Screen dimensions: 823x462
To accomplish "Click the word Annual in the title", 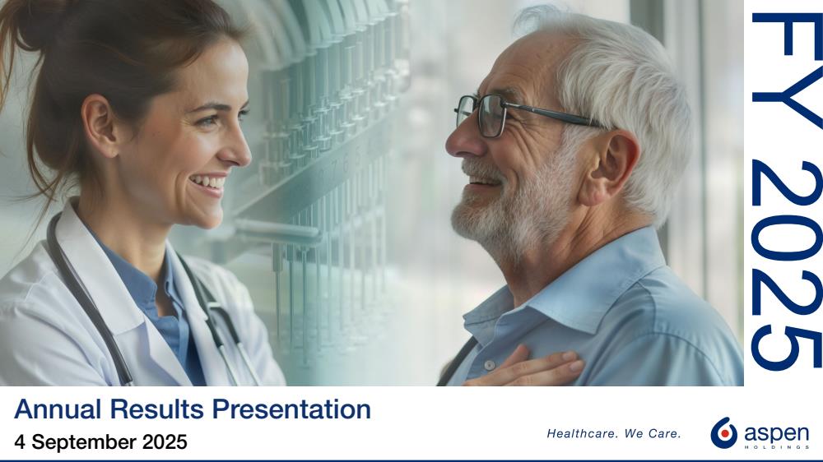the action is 58,409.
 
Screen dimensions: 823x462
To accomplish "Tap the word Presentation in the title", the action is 291,409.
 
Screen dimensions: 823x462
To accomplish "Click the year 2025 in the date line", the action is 165,441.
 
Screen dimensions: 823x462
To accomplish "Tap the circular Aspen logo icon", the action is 723,432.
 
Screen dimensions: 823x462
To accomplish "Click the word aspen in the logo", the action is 776,434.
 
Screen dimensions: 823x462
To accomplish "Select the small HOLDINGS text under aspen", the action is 776,447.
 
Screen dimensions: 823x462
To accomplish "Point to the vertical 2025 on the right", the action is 787,266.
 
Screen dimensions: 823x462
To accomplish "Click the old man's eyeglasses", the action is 525,114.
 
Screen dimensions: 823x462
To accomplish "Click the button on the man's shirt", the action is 489,365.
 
